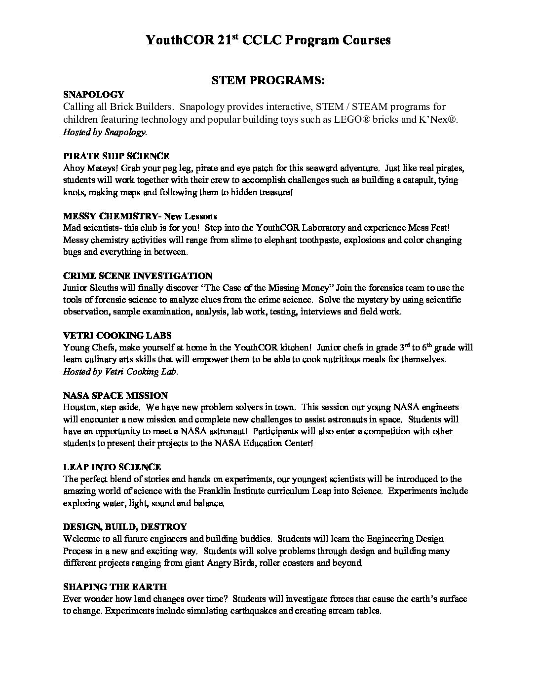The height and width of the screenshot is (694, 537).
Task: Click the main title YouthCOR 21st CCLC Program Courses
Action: [268, 40]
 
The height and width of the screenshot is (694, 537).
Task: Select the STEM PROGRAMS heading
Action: [268, 80]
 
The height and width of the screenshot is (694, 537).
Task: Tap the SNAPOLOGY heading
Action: [93, 94]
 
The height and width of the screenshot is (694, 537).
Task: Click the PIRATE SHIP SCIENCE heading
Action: [116, 156]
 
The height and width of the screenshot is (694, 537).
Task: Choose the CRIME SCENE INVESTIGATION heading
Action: [138, 276]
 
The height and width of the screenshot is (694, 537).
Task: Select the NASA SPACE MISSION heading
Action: [115, 395]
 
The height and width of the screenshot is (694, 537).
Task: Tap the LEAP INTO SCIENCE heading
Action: [112, 467]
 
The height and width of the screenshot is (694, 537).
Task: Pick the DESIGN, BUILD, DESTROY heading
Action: [125, 526]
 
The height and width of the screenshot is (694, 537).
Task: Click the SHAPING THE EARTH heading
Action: [115, 587]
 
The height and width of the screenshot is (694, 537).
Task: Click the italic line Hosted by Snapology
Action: [105, 132]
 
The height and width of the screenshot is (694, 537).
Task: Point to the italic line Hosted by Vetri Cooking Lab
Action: [120, 372]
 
